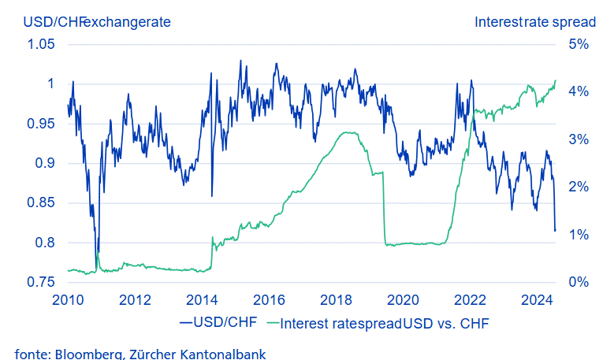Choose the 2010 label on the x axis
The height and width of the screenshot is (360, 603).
coord(69,300)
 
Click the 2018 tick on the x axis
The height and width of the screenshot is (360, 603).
coord(337,300)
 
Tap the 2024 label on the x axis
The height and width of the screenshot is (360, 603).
coord(538,300)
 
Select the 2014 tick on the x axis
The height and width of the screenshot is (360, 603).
coord(203,300)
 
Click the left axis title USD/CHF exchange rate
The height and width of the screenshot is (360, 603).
coord(97,21)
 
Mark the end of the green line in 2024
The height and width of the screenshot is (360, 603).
coord(556,80)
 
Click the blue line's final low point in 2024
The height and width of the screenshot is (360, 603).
coord(555,231)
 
